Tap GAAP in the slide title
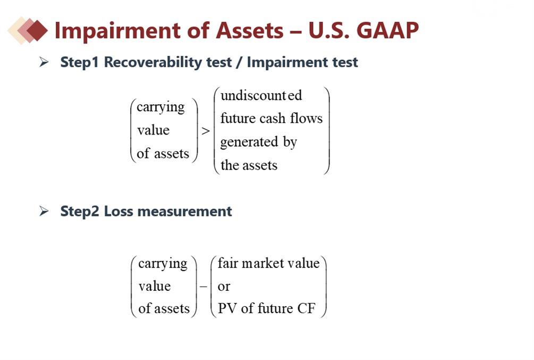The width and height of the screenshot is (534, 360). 387,30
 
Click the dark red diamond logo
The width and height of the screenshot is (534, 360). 37,30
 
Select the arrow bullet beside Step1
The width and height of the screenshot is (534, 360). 44,62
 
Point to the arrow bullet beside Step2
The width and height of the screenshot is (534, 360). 44,211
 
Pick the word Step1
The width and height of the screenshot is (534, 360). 79,63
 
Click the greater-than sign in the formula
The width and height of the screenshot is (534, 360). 205,131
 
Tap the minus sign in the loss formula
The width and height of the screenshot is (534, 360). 204,287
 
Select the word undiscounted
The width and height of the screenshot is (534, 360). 261,95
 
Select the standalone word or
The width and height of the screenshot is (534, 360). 224,287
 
